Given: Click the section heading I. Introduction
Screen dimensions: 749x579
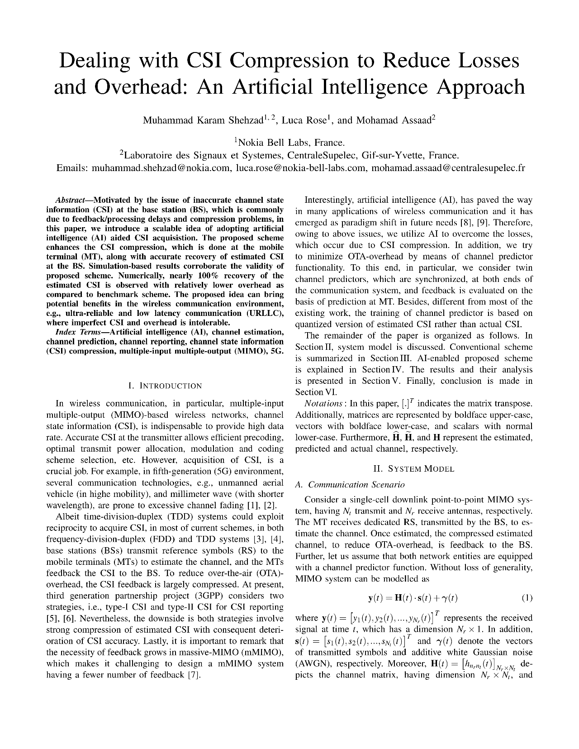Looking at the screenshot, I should click(165, 386).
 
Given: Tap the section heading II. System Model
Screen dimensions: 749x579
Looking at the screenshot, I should click(413, 469).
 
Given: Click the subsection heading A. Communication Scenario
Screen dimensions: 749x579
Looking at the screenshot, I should click(350, 485).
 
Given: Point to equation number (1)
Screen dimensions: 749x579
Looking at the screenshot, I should click(527, 598).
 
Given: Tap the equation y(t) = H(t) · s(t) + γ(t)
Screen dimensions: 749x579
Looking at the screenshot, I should click(413, 598).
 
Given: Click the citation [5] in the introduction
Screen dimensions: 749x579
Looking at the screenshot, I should click(52, 619).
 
